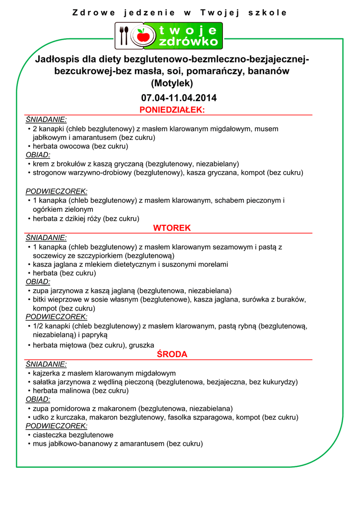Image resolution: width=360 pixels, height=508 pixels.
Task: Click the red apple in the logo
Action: [143, 36]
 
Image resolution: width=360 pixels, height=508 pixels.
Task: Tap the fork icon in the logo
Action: [122, 36]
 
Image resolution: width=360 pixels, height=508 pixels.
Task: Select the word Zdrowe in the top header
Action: [94, 13]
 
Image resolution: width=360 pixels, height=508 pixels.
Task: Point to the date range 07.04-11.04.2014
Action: [179, 98]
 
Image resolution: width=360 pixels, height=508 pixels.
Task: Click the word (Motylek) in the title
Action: [172, 83]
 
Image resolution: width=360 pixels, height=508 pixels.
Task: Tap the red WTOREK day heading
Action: [172, 228]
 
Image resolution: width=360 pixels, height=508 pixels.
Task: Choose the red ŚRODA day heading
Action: [172, 354]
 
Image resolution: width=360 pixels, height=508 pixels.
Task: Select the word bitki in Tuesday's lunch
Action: [41, 300]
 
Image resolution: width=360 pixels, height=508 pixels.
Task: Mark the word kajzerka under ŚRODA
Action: [48, 373]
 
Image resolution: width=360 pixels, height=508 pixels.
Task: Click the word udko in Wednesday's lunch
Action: [41, 418]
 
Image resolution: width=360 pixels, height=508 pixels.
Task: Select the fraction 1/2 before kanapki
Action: [39, 326]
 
